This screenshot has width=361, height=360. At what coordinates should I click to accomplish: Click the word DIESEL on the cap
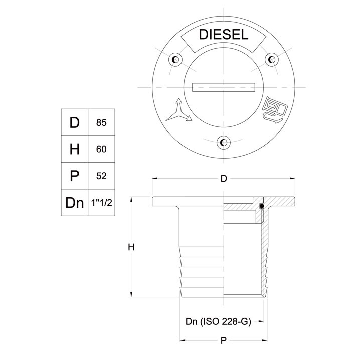(x=223, y=35)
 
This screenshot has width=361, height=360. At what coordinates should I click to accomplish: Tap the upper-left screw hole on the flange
(x=175, y=60)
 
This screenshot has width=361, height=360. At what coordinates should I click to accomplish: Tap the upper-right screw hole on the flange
(x=271, y=60)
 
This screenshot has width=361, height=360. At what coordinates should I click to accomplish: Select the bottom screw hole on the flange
(x=223, y=142)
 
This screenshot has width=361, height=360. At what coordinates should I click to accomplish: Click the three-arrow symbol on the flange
(x=178, y=111)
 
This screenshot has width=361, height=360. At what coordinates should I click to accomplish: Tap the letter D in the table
(x=74, y=122)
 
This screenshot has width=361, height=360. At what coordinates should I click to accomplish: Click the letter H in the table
(x=74, y=149)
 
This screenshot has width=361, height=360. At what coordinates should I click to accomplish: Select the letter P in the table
(x=74, y=175)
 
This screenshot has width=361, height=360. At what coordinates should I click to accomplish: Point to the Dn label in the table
(x=74, y=202)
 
